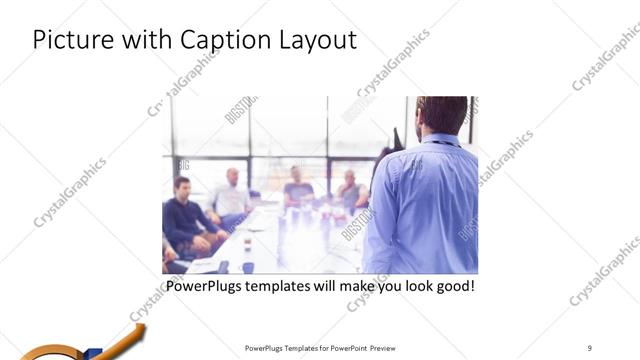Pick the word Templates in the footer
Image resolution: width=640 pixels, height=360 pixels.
point(299,348)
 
